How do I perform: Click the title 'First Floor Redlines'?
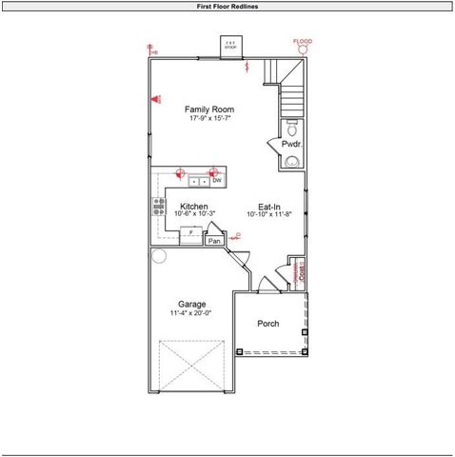click(227, 6)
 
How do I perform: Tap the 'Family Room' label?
click(208, 109)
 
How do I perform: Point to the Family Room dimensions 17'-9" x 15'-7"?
click(208, 118)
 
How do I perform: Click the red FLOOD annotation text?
click(302, 42)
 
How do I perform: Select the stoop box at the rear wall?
click(229, 45)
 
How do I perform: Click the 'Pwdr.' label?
click(290, 144)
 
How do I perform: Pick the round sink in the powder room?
click(290, 161)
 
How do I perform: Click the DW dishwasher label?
click(217, 180)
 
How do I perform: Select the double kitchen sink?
click(199, 180)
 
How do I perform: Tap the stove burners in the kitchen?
click(157, 207)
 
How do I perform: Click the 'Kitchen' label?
click(194, 206)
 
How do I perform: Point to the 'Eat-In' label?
click(269, 207)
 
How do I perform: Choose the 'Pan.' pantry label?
click(215, 241)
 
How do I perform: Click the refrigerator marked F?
click(190, 232)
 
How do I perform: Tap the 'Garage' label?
click(191, 305)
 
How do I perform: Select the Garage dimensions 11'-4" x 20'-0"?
click(191, 313)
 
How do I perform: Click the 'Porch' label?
click(268, 324)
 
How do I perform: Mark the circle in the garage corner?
click(159, 255)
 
